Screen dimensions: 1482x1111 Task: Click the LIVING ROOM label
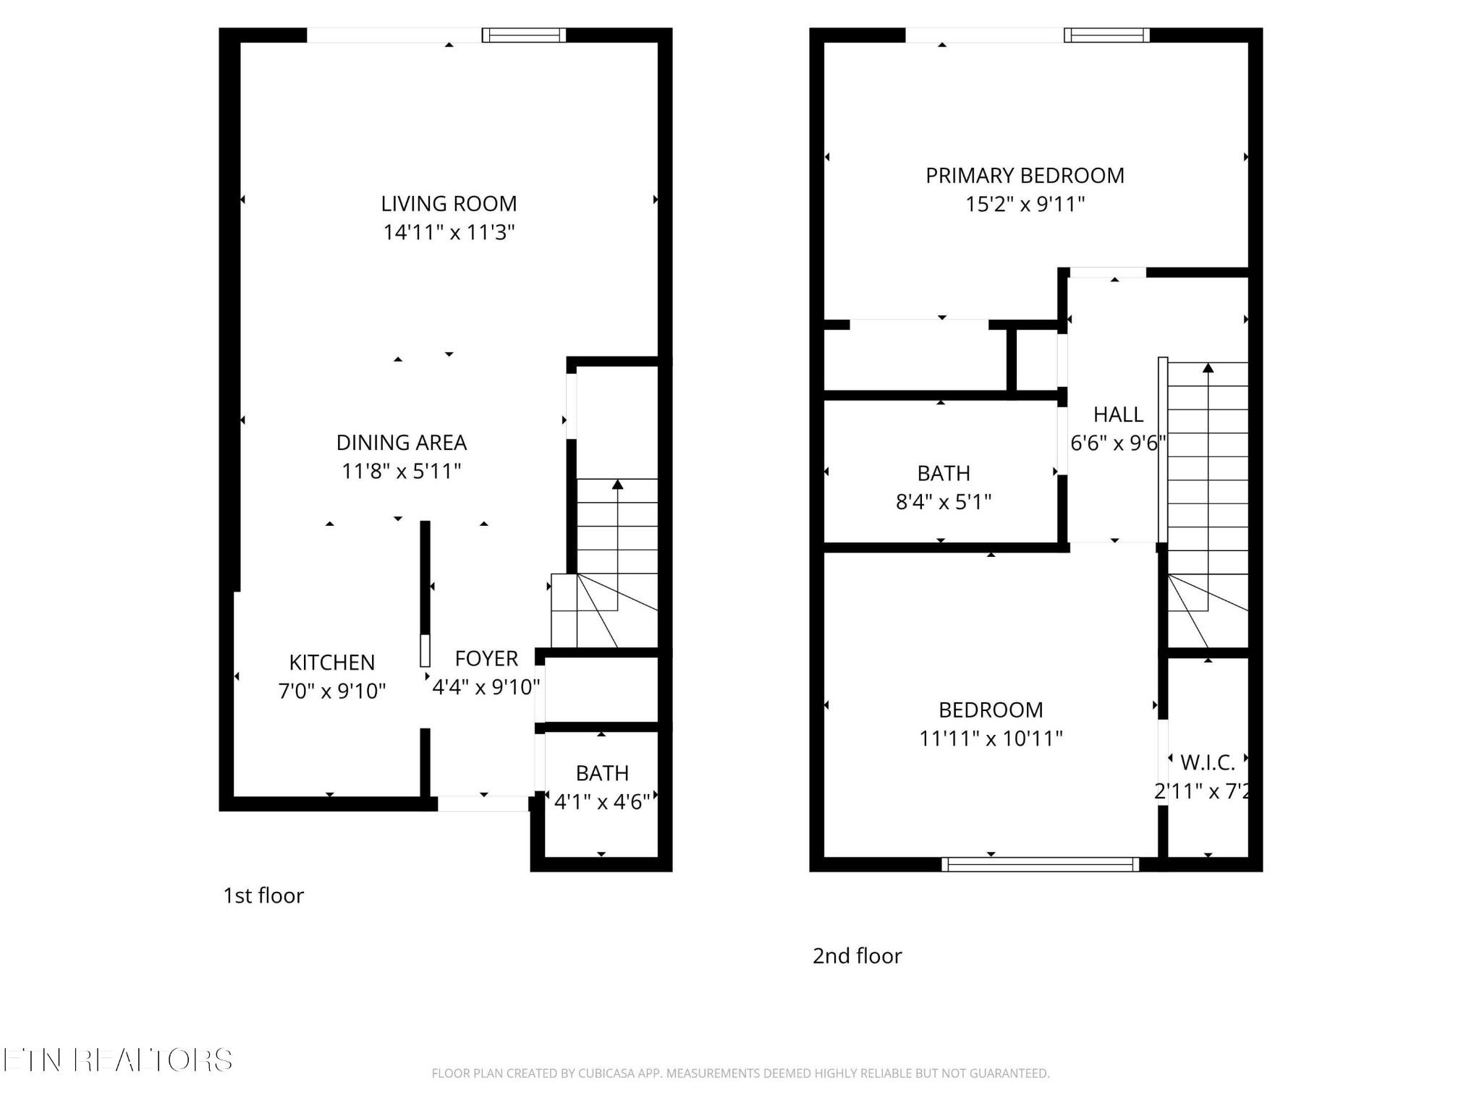point(449,204)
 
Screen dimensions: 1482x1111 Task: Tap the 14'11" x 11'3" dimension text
point(449,232)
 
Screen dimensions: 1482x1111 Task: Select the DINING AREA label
point(402,443)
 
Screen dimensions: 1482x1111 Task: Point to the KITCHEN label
point(332,663)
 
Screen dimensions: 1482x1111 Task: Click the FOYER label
point(486,659)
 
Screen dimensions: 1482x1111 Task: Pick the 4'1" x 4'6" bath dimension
point(602,801)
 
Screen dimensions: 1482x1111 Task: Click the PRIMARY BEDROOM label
point(1025,176)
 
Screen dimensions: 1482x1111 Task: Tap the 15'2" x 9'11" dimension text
point(1025,204)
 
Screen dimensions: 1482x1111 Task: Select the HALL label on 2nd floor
point(1118,414)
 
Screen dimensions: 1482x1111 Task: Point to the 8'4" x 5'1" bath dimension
point(944,501)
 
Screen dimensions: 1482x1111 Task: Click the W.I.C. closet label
point(1208,762)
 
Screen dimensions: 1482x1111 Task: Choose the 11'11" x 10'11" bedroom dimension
point(991,738)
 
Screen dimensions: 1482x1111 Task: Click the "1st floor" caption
point(263,895)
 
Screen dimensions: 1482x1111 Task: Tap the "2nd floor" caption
point(857,956)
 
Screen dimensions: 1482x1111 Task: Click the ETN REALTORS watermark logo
point(117,1060)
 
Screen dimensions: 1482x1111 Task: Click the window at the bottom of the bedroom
point(1040,864)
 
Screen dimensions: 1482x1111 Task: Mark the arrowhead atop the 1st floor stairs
point(617,484)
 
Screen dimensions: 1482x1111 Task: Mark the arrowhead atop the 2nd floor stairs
point(1208,368)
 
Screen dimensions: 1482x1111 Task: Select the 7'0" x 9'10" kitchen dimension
point(332,691)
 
